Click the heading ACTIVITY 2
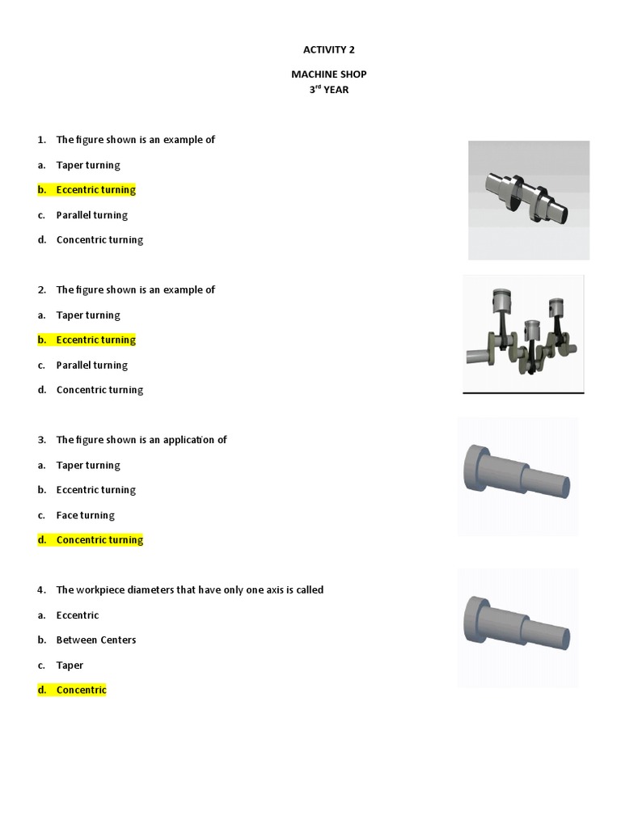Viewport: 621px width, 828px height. tap(323, 49)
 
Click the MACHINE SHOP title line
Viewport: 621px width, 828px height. tap(323, 74)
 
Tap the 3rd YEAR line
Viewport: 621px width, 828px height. tap(323, 90)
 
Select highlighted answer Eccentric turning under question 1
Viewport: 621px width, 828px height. tap(95, 190)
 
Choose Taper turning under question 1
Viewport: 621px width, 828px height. tap(87, 165)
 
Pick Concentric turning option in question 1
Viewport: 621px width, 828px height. tap(99, 240)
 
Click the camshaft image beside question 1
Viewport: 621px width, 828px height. tap(529, 199)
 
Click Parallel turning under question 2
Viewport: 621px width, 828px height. tap(91, 365)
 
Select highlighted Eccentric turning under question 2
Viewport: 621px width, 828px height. tap(95, 340)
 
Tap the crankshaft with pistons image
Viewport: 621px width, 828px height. tap(523, 333)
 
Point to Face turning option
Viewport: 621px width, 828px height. tap(85, 515)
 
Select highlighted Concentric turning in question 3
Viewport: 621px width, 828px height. tap(99, 540)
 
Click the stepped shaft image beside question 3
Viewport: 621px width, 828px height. tap(517, 475)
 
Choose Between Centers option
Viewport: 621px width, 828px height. tap(95, 640)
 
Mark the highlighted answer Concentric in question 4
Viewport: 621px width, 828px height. tap(81, 691)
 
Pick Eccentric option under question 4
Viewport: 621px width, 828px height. tap(78, 615)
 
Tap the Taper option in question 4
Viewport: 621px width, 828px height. tap(70, 665)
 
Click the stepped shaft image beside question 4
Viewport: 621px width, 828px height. tap(517, 627)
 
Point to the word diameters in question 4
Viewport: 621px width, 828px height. tap(151, 590)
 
